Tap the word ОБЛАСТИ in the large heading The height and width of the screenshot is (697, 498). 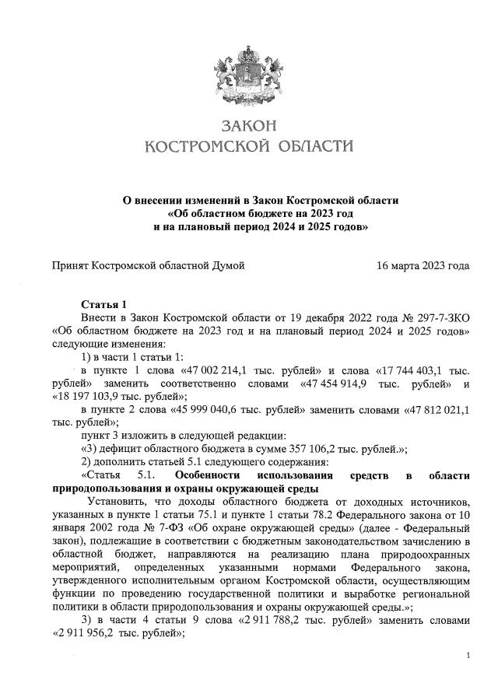coord(309,146)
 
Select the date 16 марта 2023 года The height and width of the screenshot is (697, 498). coord(423,265)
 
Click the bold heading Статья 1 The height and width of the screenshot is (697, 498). coord(103,303)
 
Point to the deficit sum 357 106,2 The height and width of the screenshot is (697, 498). coord(311,450)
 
